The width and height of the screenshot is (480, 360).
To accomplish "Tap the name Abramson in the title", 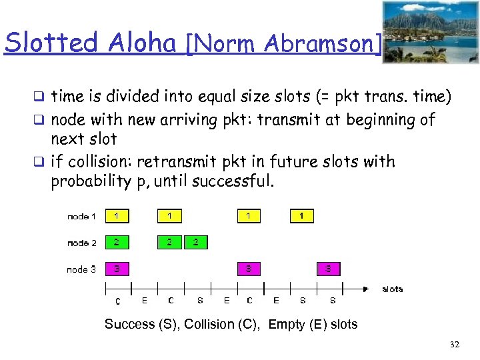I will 323,44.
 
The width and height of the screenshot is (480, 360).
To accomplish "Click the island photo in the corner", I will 430,32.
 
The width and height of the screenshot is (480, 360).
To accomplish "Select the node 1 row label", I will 81,216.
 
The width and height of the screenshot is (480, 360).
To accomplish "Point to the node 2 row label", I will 81,243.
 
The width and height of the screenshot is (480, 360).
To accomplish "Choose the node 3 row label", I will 81,269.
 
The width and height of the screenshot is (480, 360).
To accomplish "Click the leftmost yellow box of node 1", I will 117,216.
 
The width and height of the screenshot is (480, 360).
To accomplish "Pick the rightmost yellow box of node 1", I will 301,216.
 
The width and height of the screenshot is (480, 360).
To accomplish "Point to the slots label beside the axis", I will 392,289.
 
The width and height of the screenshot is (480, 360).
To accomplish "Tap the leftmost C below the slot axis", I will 117,302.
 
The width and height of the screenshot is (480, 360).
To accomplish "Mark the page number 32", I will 455,345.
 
